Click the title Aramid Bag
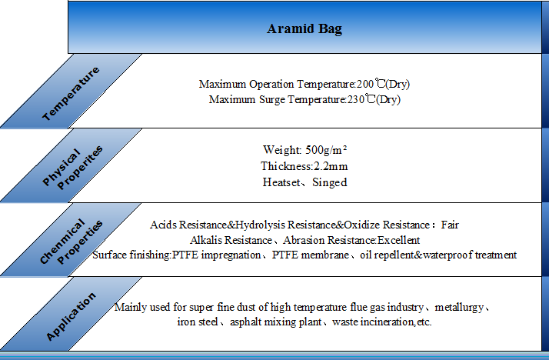[304, 29]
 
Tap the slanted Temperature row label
[71, 94]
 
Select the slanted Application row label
[71, 316]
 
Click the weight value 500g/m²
[326, 150]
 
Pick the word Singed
[329, 182]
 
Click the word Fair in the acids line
[450, 225]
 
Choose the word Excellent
[398, 240]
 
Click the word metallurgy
[459, 308]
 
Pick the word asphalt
[245, 322]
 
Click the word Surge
[272, 100]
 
